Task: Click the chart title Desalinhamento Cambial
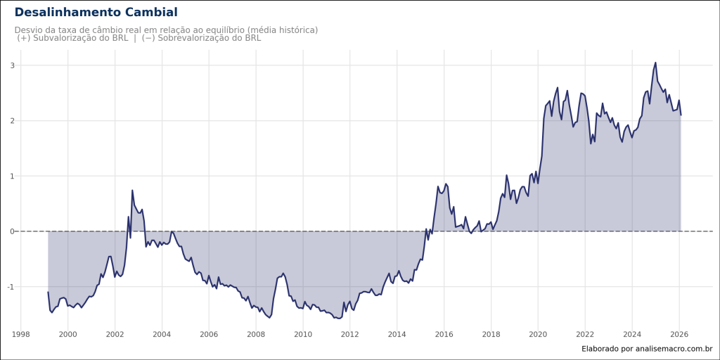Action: tap(96, 13)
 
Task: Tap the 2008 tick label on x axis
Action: tap(256, 334)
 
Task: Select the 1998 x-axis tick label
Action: tap(20, 334)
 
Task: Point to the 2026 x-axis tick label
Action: tap(679, 334)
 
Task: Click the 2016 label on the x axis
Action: tap(444, 334)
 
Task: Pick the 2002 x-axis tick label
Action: tap(115, 334)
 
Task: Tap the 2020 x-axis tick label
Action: tap(538, 334)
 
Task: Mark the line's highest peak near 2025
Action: tap(655, 63)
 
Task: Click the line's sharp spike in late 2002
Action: tap(132, 191)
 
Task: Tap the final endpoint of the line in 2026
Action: tap(681, 115)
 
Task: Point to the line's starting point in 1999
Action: tap(48, 292)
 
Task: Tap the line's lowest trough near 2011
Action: tap(338, 319)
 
